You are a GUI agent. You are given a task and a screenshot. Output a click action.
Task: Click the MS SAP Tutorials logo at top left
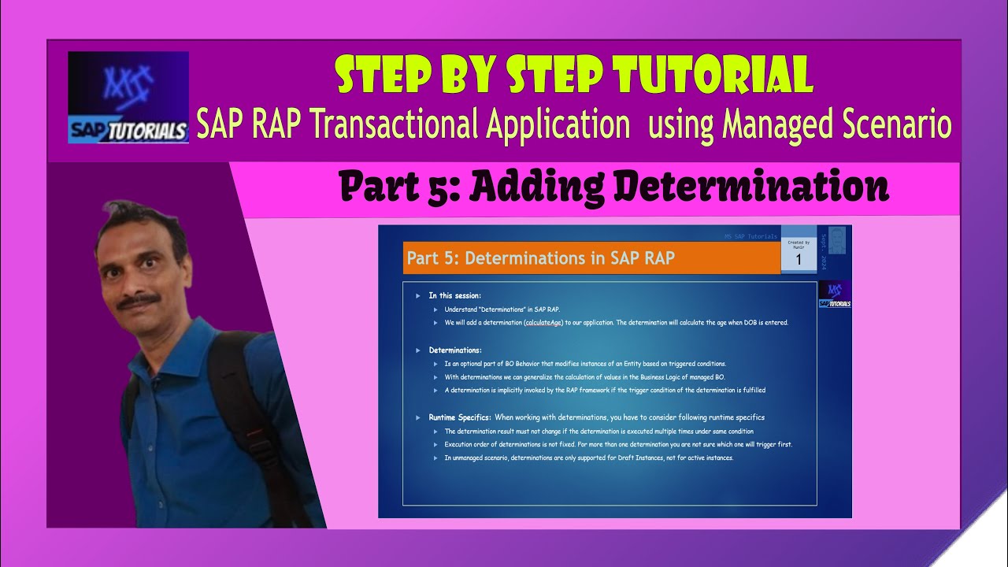[x=128, y=97]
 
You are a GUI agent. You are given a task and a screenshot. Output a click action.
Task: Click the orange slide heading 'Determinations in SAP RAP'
[x=540, y=258]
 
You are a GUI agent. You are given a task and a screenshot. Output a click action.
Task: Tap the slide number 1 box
[x=799, y=258]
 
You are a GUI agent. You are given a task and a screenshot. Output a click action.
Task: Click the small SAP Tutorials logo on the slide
[x=835, y=294]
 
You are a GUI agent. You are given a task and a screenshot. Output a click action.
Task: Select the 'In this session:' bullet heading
[x=454, y=295]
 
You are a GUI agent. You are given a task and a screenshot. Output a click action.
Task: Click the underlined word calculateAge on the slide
[x=543, y=322]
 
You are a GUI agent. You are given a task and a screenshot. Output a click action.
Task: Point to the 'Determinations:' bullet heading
[x=454, y=350]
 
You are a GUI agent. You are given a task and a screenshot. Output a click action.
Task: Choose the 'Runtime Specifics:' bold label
[x=460, y=417]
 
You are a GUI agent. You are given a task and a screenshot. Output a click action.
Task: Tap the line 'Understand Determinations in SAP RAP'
[x=502, y=309]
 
